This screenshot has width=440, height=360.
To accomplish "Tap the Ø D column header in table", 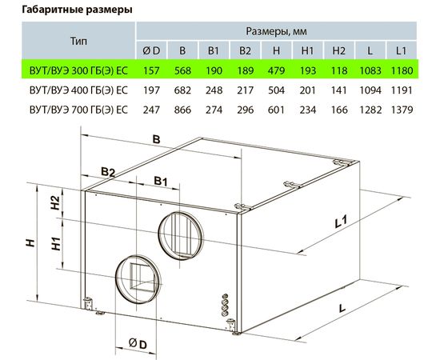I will pyautogui.click(x=151, y=50).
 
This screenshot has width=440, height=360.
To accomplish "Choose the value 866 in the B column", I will pyautogui.click(x=183, y=110).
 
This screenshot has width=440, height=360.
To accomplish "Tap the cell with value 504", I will pyautogui.click(x=276, y=90).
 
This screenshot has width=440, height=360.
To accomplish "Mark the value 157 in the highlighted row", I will pyautogui.click(x=151, y=70).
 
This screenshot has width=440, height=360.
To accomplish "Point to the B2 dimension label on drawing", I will pyautogui.click(x=109, y=171).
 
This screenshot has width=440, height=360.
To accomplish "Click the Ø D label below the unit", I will pyautogui.click(x=137, y=344).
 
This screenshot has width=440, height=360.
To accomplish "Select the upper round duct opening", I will pyautogui.click(x=180, y=233).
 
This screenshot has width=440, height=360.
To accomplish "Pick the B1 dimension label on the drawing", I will pyautogui.click(x=161, y=181).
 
